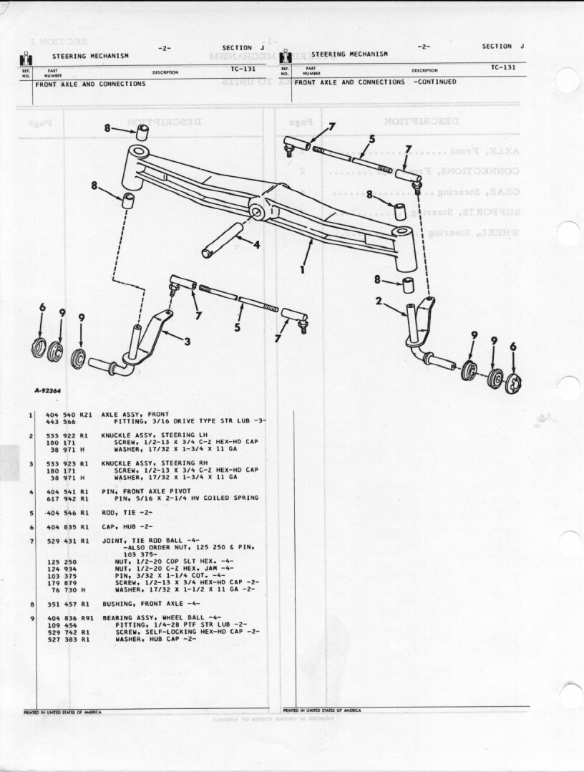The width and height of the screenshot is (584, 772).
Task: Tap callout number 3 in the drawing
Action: [x=188, y=342]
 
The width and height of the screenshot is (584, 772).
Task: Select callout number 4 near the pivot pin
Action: [x=256, y=243]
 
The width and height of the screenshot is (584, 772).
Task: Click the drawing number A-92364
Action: [x=47, y=391]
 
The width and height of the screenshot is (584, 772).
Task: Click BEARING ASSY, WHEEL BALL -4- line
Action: [x=161, y=617]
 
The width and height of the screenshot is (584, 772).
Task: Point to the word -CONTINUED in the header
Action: [x=434, y=82]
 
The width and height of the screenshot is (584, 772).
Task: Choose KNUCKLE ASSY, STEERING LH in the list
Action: [x=149, y=435]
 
